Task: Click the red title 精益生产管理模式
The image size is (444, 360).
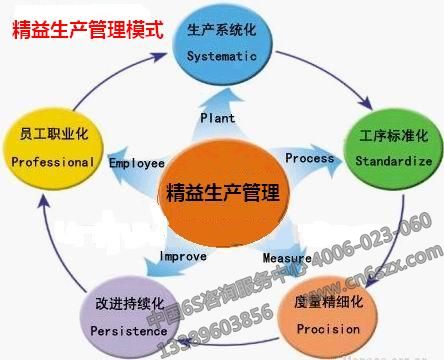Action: pos(86,29)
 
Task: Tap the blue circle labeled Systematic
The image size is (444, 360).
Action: pos(222,44)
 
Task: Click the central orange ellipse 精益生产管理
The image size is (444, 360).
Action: pos(222,188)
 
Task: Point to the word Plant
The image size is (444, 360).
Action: pos(217,118)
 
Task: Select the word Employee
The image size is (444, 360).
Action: pos(136,162)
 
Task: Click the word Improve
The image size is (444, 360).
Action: pos(183,256)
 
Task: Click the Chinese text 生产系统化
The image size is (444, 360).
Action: pos(221,34)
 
